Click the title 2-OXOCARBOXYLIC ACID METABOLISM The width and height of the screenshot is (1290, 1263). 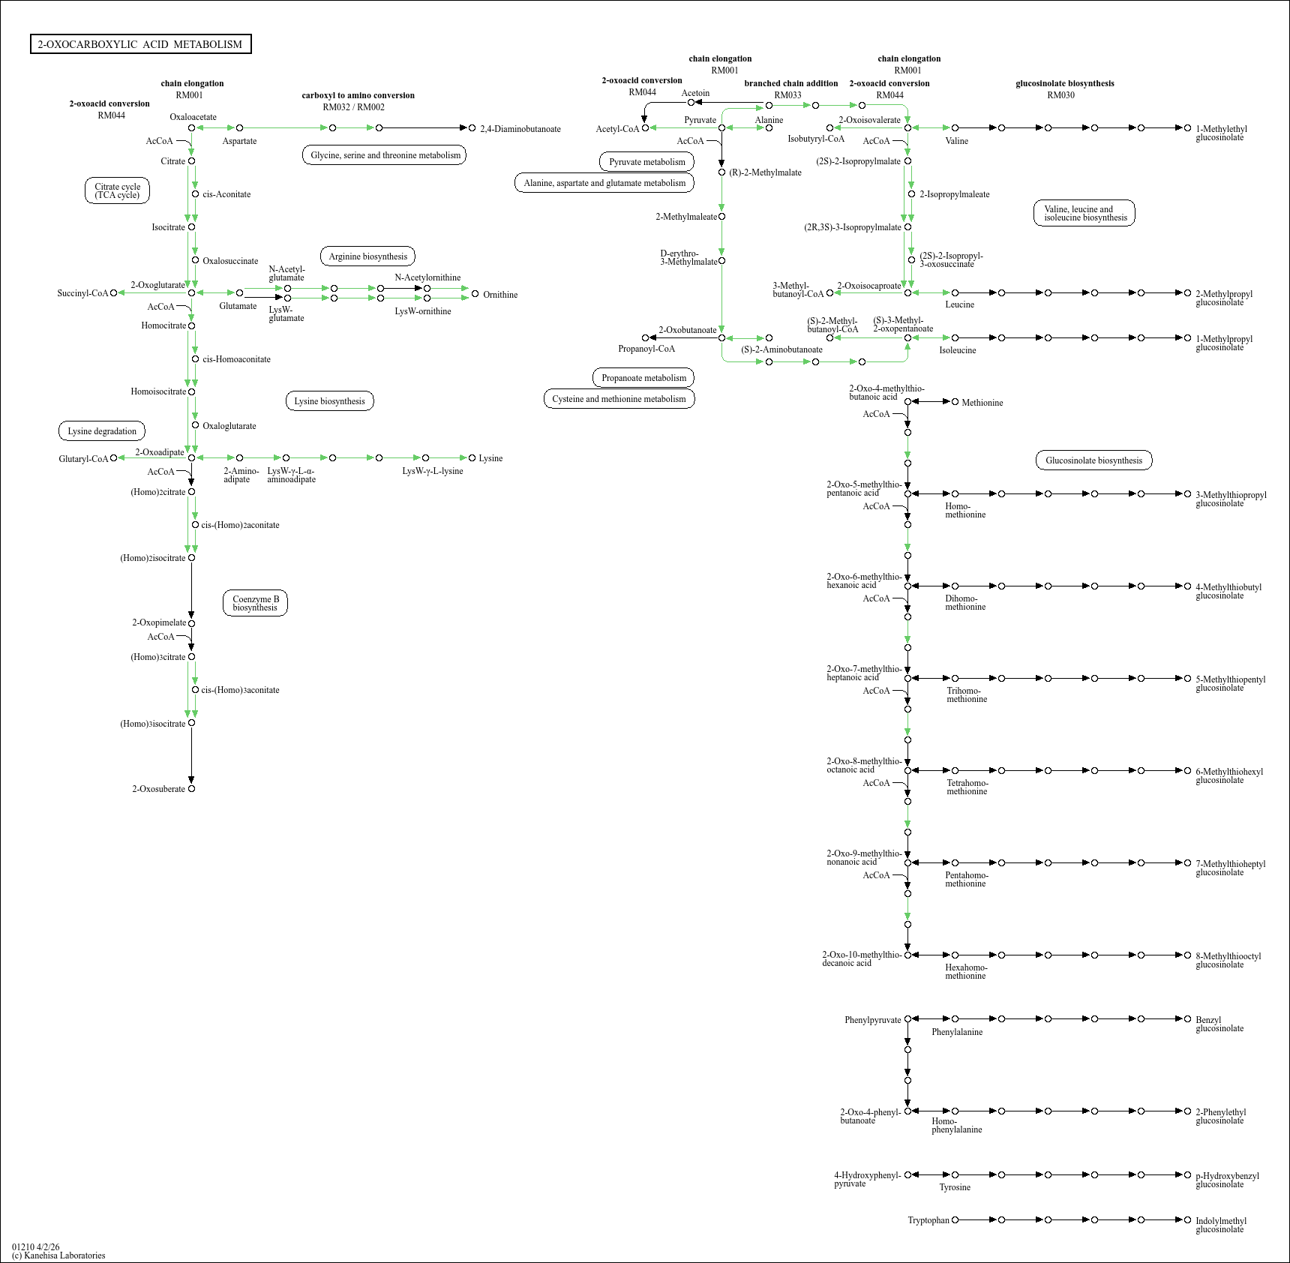(x=140, y=44)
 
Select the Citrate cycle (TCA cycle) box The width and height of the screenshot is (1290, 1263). (x=117, y=190)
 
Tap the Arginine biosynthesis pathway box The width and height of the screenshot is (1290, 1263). (x=367, y=256)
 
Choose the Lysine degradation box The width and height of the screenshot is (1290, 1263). (x=102, y=431)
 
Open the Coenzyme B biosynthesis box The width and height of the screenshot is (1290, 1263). (x=255, y=603)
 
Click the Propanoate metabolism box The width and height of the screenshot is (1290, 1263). (x=643, y=378)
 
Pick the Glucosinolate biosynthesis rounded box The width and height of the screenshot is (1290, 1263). (x=1093, y=460)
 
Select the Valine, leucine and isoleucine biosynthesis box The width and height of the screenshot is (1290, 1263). (x=1084, y=213)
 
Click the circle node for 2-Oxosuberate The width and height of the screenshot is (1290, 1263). (x=191, y=789)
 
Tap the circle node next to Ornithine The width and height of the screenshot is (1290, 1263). (x=475, y=294)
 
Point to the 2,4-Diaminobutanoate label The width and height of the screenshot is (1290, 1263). (x=520, y=129)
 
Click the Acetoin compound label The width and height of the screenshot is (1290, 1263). (x=695, y=93)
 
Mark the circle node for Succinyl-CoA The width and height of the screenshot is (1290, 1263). (x=113, y=293)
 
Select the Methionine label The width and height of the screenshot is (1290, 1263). (x=982, y=403)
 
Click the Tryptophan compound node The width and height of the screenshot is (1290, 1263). (x=955, y=1220)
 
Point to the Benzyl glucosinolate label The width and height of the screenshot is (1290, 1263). (x=1219, y=1024)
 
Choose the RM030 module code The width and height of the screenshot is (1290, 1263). (x=1060, y=95)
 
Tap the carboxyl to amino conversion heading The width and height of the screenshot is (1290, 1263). (x=358, y=95)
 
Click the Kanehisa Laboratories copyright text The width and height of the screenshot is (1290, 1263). (x=58, y=1255)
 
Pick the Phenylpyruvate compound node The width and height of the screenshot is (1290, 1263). (x=907, y=1019)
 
